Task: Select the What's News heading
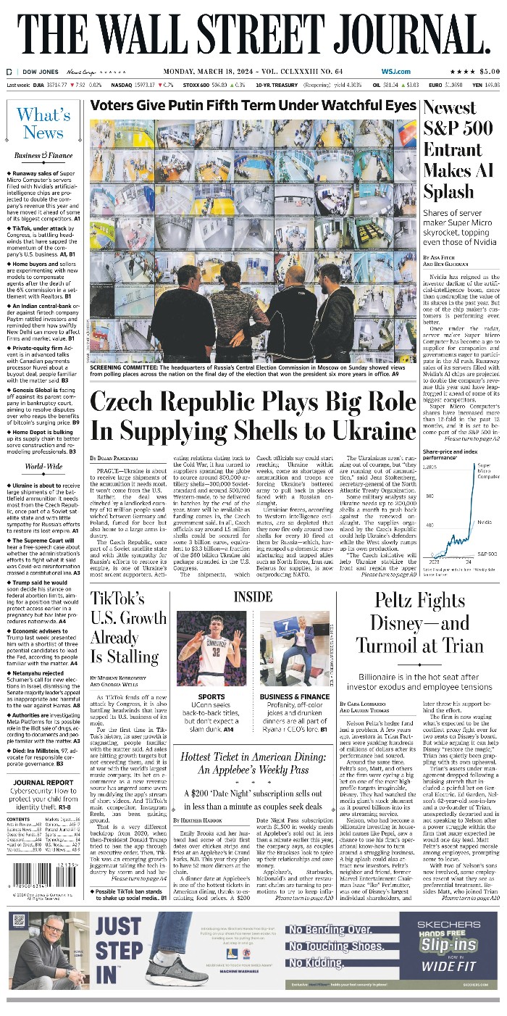coord(43,123)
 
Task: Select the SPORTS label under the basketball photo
coord(211,696)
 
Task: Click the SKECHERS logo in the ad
coord(453,920)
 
